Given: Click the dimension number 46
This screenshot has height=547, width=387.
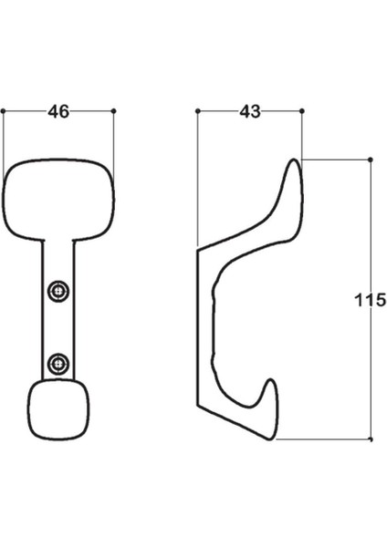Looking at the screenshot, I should point(58,111).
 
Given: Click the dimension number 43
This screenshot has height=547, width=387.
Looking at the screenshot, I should point(249,111).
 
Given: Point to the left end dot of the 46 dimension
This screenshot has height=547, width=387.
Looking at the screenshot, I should point(5,111).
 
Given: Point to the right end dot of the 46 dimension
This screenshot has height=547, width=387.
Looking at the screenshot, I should point(113,111).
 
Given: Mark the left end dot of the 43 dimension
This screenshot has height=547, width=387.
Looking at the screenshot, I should point(197,111).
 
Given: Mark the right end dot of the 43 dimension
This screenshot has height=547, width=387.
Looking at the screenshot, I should point(301,111).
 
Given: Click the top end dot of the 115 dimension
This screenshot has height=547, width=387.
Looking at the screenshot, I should point(370,160).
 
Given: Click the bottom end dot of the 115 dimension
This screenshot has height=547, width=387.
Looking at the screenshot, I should point(370,439).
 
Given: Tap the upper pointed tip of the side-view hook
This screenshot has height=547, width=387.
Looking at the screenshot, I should point(294,164).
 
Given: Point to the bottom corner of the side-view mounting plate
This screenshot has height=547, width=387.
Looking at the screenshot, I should point(199,407).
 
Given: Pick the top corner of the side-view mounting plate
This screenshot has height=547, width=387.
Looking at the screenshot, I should point(198,246).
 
